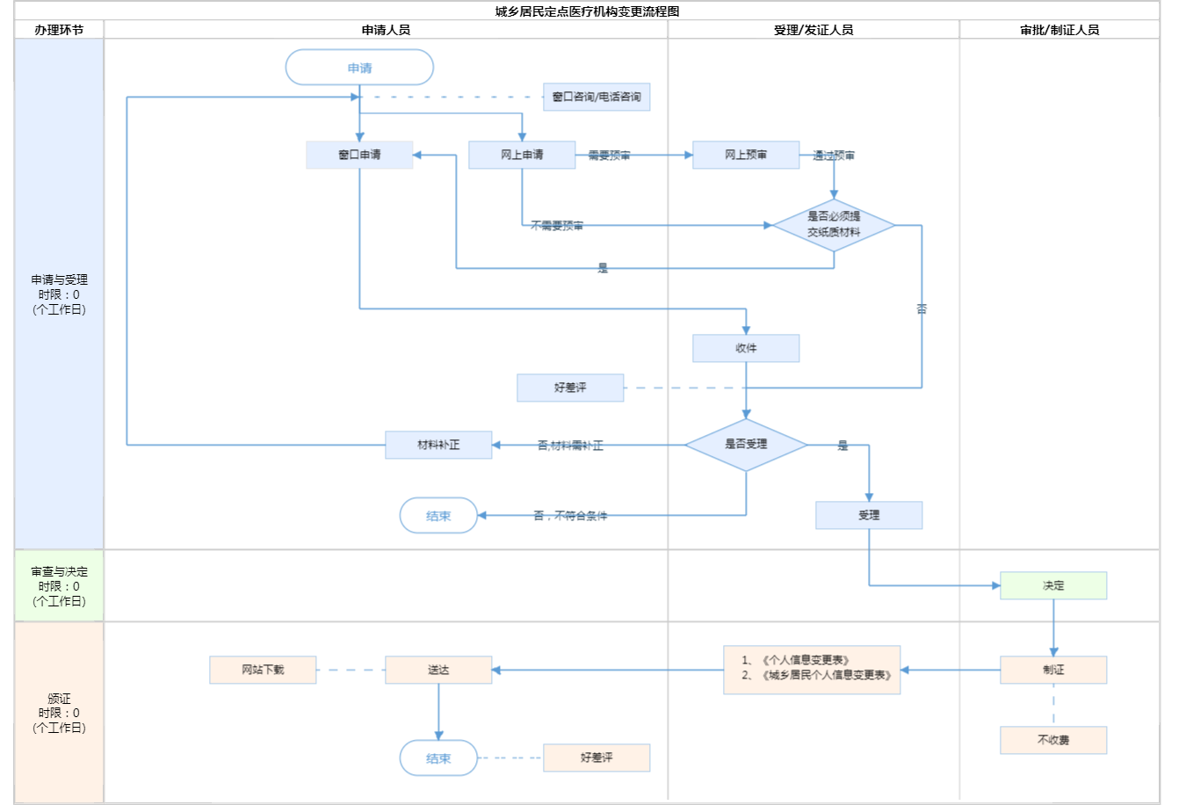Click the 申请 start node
click(x=359, y=68)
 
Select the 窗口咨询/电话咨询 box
click(x=597, y=97)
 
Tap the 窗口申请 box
click(x=359, y=155)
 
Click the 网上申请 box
click(x=522, y=155)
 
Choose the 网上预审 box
click(x=746, y=155)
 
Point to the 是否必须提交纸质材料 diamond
click(x=834, y=225)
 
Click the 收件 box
click(x=746, y=348)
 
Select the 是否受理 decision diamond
click(x=746, y=445)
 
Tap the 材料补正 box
click(x=438, y=445)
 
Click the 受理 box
click(x=869, y=515)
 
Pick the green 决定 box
click(x=1053, y=585)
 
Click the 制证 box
click(x=1053, y=670)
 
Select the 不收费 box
click(x=1053, y=740)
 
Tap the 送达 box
click(x=438, y=670)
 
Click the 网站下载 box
click(x=263, y=670)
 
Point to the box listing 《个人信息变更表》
click(x=812, y=670)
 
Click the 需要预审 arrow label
click(x=609, y=156)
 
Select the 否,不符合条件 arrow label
click(x=570, y=516)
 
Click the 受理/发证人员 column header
click(x=814, y=30)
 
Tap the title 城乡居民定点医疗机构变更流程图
click(x=587, y=11)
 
